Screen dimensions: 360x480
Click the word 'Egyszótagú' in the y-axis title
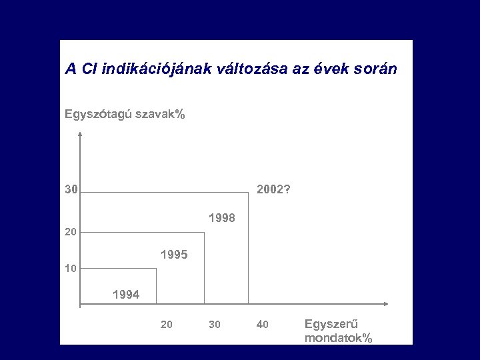98,115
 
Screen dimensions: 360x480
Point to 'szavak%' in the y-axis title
161,115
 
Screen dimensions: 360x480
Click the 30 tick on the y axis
71,190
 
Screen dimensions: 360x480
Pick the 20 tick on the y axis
71,233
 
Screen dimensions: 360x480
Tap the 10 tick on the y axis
71,269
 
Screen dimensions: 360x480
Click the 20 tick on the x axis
167,325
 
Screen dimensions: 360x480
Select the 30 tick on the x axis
214,325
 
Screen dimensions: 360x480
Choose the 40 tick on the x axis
262,325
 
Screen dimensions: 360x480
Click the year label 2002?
273,190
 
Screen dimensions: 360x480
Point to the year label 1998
222,218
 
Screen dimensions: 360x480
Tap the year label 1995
174,255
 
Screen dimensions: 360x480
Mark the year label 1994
126,294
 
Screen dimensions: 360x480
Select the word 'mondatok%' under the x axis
338,338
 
